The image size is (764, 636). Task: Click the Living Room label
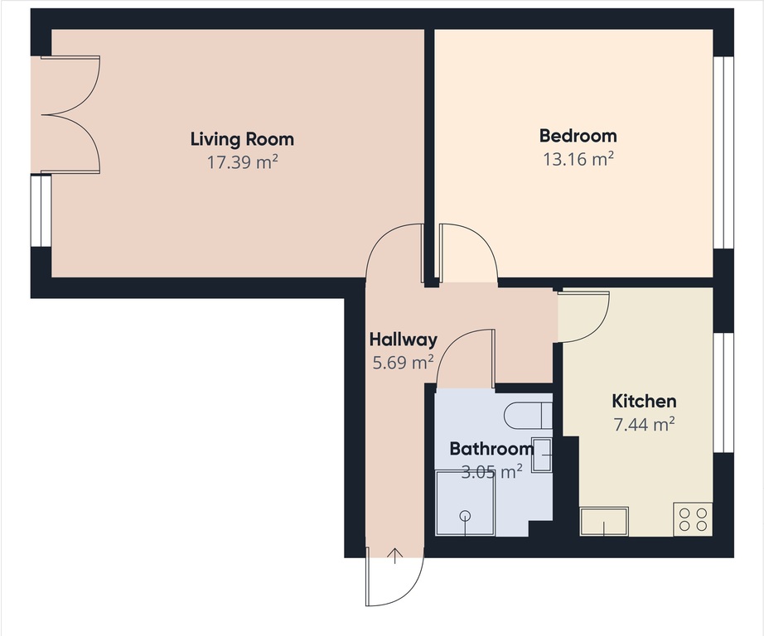242,139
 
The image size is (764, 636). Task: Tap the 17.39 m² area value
243,161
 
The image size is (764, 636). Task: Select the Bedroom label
578,135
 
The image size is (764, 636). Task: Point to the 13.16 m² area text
578,159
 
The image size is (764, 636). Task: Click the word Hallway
404,340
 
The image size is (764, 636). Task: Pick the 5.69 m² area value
403,363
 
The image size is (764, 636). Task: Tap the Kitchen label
644,402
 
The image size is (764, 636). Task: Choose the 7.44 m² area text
644,424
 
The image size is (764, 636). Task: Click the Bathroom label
491,449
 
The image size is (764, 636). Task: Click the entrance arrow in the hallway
394,556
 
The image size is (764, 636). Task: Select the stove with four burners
693,519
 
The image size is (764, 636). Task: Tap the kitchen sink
604,522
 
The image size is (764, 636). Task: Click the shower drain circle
466,515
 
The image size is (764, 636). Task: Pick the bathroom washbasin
542,455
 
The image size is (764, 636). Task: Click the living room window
41,211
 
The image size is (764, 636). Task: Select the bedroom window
723,153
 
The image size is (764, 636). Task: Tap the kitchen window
723,393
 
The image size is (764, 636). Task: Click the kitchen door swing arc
597,327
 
